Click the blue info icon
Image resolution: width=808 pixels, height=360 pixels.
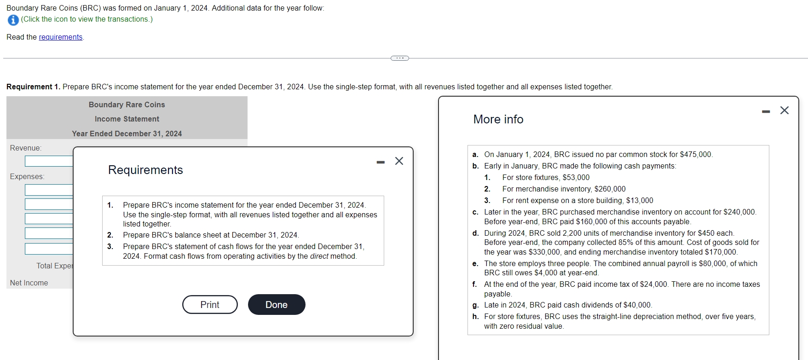click(x=13, y=20)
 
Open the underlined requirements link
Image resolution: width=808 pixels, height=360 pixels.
click(x=61, y=37)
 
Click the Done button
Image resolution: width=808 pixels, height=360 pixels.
click(x=276, y=305)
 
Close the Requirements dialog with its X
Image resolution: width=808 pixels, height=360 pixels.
click(x=399, y=161)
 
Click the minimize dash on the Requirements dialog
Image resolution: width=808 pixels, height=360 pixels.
click(x=381, y=162)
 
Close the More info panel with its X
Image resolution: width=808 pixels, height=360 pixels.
click(x=785, y=110)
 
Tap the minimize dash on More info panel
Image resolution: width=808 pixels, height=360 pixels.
click(x=766, y=111)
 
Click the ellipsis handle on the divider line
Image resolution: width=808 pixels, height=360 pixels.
click(x=399, y=58)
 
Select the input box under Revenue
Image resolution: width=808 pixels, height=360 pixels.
click(x=49, y=161)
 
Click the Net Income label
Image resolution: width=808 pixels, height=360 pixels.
click(x=29, y=283)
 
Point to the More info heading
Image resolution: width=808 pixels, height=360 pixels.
click(x=498, y=120)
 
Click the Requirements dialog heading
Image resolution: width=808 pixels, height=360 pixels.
click(x=145, y=170)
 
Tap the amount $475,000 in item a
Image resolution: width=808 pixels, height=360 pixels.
click(x=695, y=155)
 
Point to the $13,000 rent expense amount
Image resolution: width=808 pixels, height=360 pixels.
click(x=640, y=201)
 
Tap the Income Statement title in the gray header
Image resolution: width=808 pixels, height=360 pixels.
click(x=127, y=119)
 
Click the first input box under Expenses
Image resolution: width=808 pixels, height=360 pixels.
click(x=49, y=190)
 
